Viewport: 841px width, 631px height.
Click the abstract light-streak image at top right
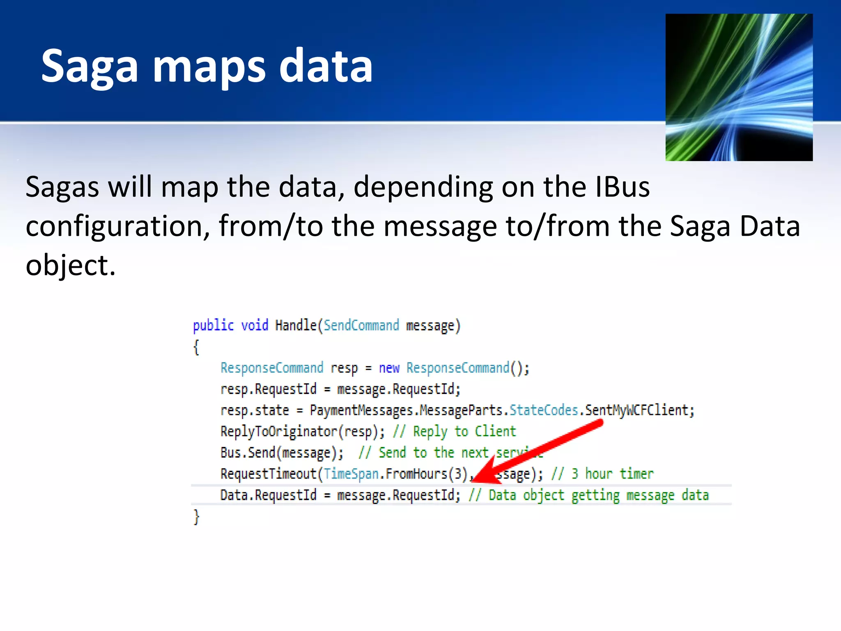pyautogui.click(x=739, y=87)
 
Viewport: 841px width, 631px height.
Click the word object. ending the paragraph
pyautogui.click(x=70, y=265)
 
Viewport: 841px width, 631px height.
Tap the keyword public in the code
pyautogui.click(x=213, y=325)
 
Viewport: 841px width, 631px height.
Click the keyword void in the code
pyautogui.click(x=254, y=325)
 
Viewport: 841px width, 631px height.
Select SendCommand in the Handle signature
pyautogui.click(x=361, y=325)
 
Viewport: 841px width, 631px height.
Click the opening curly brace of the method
pyautogui.click(x=196, y=347)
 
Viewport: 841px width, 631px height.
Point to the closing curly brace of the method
pyautogui.click(x=196, y=517)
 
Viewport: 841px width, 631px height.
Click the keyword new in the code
pyautogui.click(x=389, y=368)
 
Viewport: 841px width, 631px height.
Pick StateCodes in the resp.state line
pyautogui.click(x=543, y=410)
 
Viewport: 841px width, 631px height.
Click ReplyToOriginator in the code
pyautogui.click(x=278, y=431)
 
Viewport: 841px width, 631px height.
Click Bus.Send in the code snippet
pyautogui.click(x=248, y=453)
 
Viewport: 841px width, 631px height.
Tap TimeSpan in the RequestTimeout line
pyautogui.click(x=351, y=474)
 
